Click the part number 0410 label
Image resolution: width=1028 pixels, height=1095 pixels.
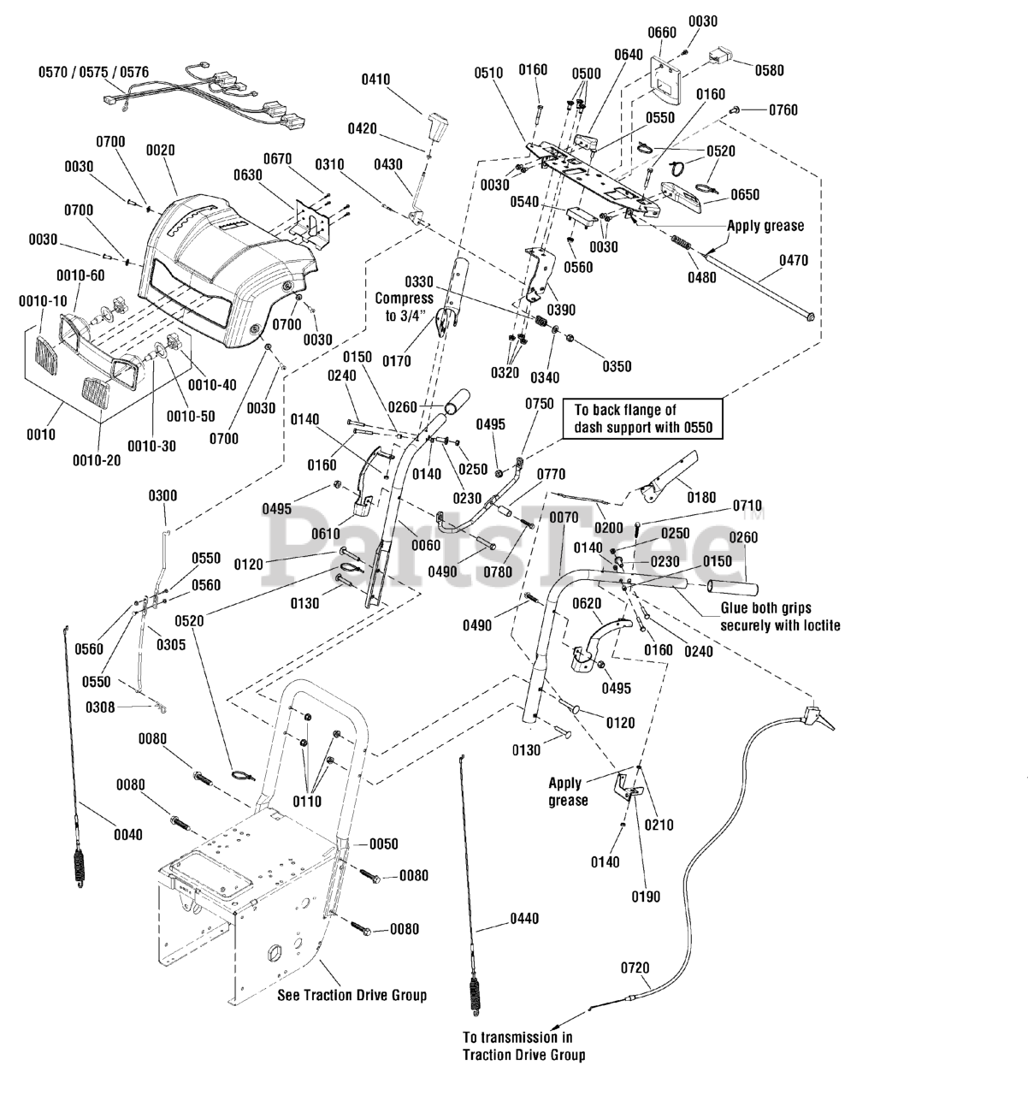coord(375,80)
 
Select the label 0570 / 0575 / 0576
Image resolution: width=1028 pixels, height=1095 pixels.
coord(94,72)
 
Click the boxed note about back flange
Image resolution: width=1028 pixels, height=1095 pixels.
coord(642,418)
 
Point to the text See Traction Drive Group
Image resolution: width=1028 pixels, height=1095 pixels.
coord(352,995)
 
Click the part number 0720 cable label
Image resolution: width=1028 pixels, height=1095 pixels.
coord(635,968)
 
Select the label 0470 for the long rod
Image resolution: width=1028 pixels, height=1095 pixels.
coord(793,260)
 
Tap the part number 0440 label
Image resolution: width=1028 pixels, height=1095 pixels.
coord(524,918)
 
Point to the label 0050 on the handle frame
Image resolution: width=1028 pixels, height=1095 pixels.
coord(384,843)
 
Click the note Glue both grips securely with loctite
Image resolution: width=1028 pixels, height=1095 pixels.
coord(780,617)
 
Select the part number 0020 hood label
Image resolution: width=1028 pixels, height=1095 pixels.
coord(161,150)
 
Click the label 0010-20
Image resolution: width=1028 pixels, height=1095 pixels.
coord(97,460)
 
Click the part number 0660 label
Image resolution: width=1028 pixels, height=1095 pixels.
coord(661,33)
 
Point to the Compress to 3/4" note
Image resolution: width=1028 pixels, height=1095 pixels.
coord(404,307)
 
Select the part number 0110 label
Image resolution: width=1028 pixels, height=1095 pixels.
coord(306,801)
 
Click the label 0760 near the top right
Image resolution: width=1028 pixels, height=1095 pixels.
coord(783,110)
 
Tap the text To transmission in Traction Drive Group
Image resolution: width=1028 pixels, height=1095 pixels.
coord(523,1046)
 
